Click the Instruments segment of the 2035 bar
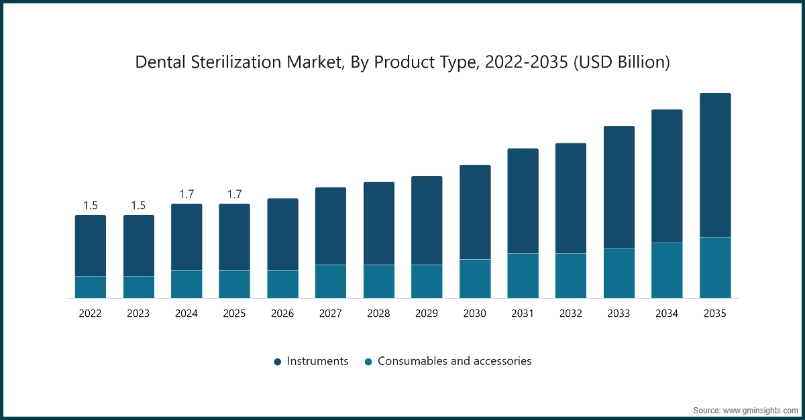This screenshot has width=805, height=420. coord(715,165)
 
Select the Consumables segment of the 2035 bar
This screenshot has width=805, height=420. coord(715,267)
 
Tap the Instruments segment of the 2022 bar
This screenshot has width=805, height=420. coord(91,245)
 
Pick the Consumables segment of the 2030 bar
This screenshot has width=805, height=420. coord(475,279)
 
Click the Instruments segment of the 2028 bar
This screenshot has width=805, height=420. coord(379,223)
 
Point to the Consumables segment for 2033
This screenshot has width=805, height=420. coord(619,273)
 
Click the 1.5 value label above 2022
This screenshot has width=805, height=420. coord(91,206)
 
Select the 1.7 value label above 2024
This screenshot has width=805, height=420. coord(186,194)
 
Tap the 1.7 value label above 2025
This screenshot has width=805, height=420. coord(234,194)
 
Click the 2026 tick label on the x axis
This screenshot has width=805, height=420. coord(282,313)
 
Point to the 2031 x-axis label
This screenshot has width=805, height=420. coord(523,313)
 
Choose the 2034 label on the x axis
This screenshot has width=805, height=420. coord(667,313)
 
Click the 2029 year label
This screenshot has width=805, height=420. coord(427,313)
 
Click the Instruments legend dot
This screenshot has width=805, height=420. coord(278,362)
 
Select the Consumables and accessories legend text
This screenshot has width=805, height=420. coord(454,361)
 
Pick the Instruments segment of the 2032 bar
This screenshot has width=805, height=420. coord(571,198)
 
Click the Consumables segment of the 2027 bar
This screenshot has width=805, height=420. coord(331,281)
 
